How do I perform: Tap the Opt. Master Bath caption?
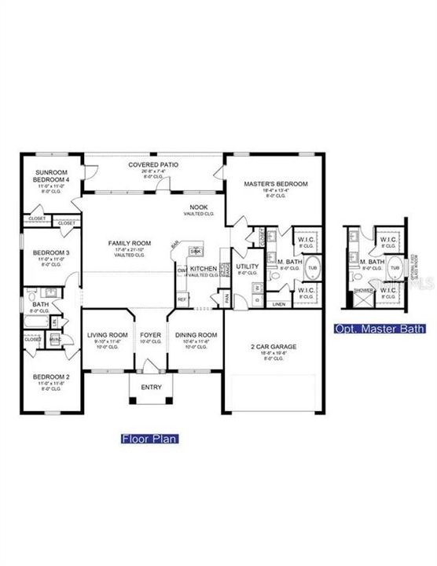click(380, 329)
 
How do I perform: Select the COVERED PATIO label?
click(153, 165)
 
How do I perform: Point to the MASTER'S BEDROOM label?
click(275, 184)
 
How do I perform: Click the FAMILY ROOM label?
click(129, 244)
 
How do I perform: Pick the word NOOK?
click(197, 208)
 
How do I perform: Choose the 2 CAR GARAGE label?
click(272, 346)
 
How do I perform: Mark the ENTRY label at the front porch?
click(150, 388)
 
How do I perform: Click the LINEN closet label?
click(278, 303)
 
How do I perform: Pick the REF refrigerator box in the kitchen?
click(182, 300)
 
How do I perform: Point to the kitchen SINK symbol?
click(196, 251)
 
